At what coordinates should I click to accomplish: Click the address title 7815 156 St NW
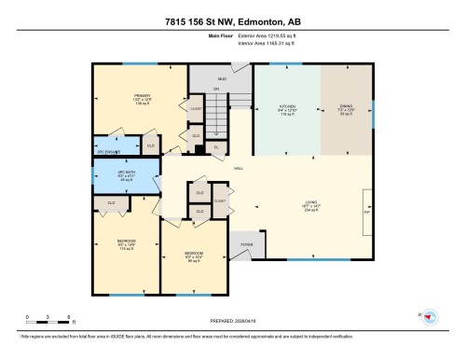pyautogui.click(x=233, y=21)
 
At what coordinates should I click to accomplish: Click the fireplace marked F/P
pyautogui.click(x=366, y=213)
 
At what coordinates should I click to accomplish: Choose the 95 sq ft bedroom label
pyautogui.click(x=193, y=254)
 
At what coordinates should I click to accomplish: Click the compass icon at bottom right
pyautogui.click(x=431, y=317)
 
